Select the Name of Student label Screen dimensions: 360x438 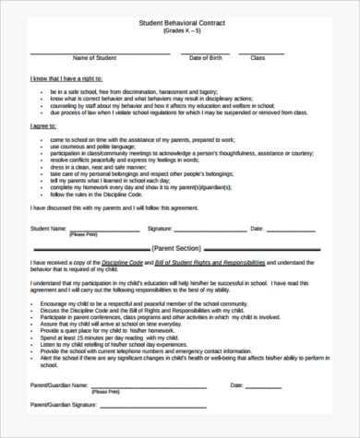tap(91, 58)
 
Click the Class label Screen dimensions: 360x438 tap(258, 58)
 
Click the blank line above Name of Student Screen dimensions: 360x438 tap(92, 52)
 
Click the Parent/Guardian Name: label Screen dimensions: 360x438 tap(61, 385)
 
